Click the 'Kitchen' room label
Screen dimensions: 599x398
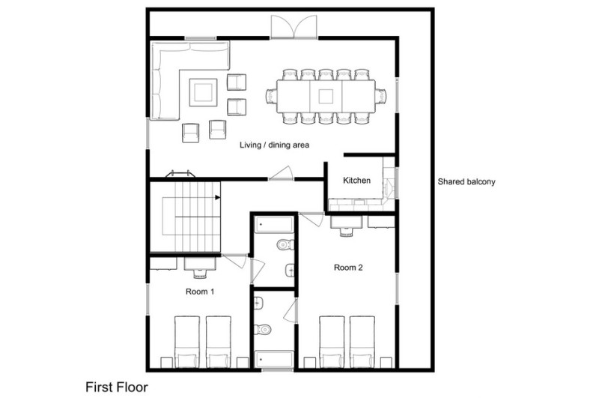[x=356, y=180]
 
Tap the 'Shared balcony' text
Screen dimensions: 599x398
[x=466, y=181]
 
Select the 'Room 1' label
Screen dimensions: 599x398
[x=200, y=292]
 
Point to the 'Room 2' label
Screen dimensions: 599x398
[x=348, y=268]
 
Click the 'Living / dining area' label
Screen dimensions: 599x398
[x=274, y=145]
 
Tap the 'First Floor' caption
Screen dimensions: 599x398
[x=117, y=387]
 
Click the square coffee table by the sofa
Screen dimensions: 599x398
[x=203, y=92]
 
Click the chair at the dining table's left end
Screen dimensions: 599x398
[x=271, y=96]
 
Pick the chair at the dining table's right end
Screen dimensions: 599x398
[x=381, y=96]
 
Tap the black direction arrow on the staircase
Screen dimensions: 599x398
[x=217, y=197]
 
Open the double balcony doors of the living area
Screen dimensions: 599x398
[x=294, y=28]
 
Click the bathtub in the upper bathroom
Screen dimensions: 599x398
[x=274, y=224]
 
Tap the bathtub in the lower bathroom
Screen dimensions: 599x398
[x=274, y=360]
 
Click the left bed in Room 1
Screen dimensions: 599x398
[x=187, y=342]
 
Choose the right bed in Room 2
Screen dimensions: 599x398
[x=362, y=342]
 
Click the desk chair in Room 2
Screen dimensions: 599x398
[x=346, y=232]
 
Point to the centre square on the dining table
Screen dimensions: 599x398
[x=326, y=96]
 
